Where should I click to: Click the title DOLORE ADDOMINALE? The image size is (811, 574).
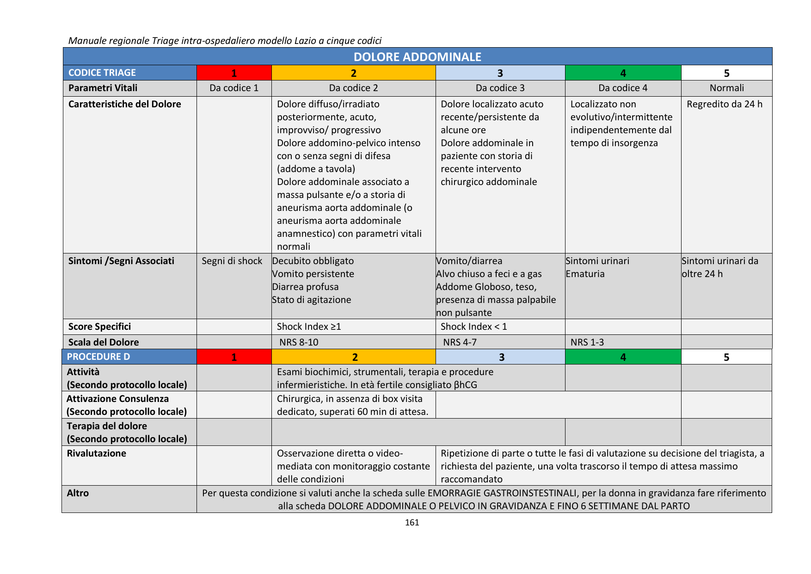pyautogui.click(x=417, y=56)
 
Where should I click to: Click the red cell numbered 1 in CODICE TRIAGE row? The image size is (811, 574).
pyautogui.click(x=234, y=73)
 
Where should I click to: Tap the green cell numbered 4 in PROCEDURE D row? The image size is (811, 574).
pyautogui.click(x=623, y=357)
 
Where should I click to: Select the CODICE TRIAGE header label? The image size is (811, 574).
pyautogui.click(x=102, y=73)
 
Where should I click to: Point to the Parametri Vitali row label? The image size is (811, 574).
pyautogui.click(x=103, y=88)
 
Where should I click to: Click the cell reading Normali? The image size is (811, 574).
pyautogui.click(x=726, y=88)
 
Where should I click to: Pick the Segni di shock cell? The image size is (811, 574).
pyautogui.click(x=232, y=261)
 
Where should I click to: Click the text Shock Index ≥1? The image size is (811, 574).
pyautogui.click(x=309, y=327)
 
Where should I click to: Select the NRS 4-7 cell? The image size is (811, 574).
pyautogui.click(x=460, y=342)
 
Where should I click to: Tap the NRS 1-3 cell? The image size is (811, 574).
pyautogui.click(x=587, y=342)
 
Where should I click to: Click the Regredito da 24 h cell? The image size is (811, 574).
pyautogui.click(x=724, y=104)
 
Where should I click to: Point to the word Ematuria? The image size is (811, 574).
pyautogui.click(x=585, y=274)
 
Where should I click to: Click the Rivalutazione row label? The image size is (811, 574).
pyautogui.click(x=96, y=453)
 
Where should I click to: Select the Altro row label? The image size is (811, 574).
pyautogui.click(x=78, y=493)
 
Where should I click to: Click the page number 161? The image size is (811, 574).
pyautogui.click(x=412, y=523)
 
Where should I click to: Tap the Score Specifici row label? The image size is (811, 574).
pyautogui.click(x=99, y=327)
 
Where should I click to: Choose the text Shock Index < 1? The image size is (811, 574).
pyautogui.click(x=473, y=327)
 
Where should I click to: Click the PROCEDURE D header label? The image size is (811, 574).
pyautogui.click(x=98, y=357)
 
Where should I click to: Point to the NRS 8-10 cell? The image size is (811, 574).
pyautogui.click(x=299, y=342)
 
